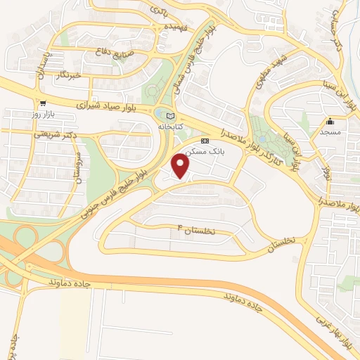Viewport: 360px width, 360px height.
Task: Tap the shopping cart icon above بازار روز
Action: (x=44, y=102)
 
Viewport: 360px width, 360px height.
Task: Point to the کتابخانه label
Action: (x=169, y=127)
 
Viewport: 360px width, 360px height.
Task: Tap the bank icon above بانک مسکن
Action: (x=205, y=141)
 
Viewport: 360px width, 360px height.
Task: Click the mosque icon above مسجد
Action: (x=330, y=121)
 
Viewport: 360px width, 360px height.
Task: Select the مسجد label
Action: (x=330, y=131)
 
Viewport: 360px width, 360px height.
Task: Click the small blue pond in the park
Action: (x=262, y=139)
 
